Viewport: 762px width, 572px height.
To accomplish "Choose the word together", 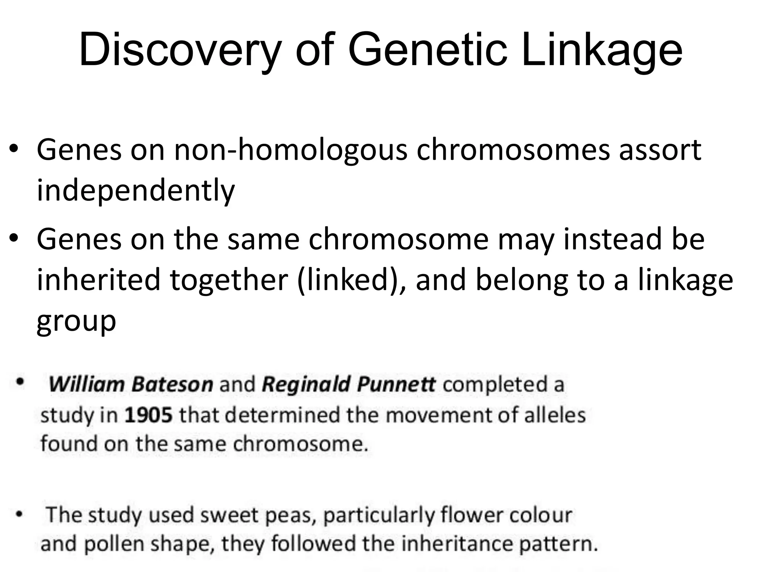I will [229, 280].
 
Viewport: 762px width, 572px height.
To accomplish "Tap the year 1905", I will [148, 415].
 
